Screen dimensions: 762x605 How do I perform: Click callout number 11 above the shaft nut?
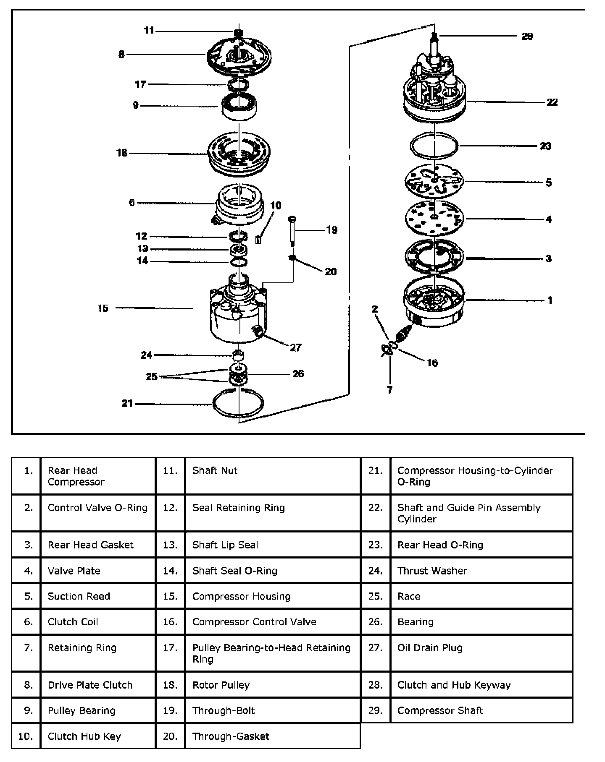click(149, 30)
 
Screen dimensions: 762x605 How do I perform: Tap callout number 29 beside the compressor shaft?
click(527, 36)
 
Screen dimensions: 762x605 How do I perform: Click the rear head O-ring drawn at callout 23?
click(434, 146)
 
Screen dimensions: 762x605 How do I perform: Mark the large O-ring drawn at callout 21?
click(238, 403)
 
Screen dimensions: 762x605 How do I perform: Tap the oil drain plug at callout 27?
click(258, 331)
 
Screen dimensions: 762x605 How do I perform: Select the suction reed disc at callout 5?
click(434, 182)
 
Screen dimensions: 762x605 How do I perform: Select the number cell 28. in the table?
click(376, 685)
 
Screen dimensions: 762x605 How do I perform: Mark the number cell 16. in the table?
click(170, 622)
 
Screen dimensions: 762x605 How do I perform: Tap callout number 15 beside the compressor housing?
click(103, 308)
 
